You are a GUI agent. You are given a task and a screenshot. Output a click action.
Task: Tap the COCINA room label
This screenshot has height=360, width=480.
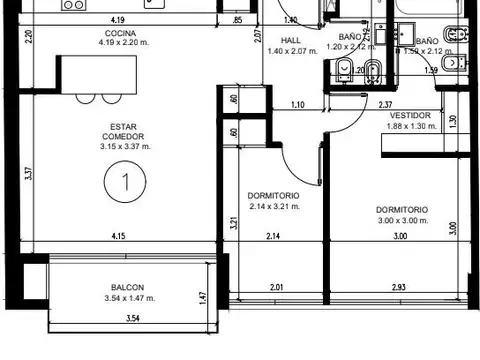118,33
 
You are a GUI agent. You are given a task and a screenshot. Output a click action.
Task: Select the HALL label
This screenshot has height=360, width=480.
290,41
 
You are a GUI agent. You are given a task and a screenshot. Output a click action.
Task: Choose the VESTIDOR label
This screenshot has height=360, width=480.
408,115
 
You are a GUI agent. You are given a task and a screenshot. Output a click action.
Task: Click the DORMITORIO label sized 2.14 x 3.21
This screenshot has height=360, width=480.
273,196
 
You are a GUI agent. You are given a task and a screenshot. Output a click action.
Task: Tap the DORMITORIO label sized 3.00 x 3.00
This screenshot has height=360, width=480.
402,210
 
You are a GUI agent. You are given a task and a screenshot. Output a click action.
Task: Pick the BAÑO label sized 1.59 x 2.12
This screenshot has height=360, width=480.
426,41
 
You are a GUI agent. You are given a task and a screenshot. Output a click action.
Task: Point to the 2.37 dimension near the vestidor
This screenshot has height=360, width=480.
383,104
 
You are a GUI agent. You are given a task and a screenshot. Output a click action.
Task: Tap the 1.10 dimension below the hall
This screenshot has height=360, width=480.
297,104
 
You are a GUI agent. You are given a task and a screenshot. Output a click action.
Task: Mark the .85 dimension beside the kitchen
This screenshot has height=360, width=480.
236,20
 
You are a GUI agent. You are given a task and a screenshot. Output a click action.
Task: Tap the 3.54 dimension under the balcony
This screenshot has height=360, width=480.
131,319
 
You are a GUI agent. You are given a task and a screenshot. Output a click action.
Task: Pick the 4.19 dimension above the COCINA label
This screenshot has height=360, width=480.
118,20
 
